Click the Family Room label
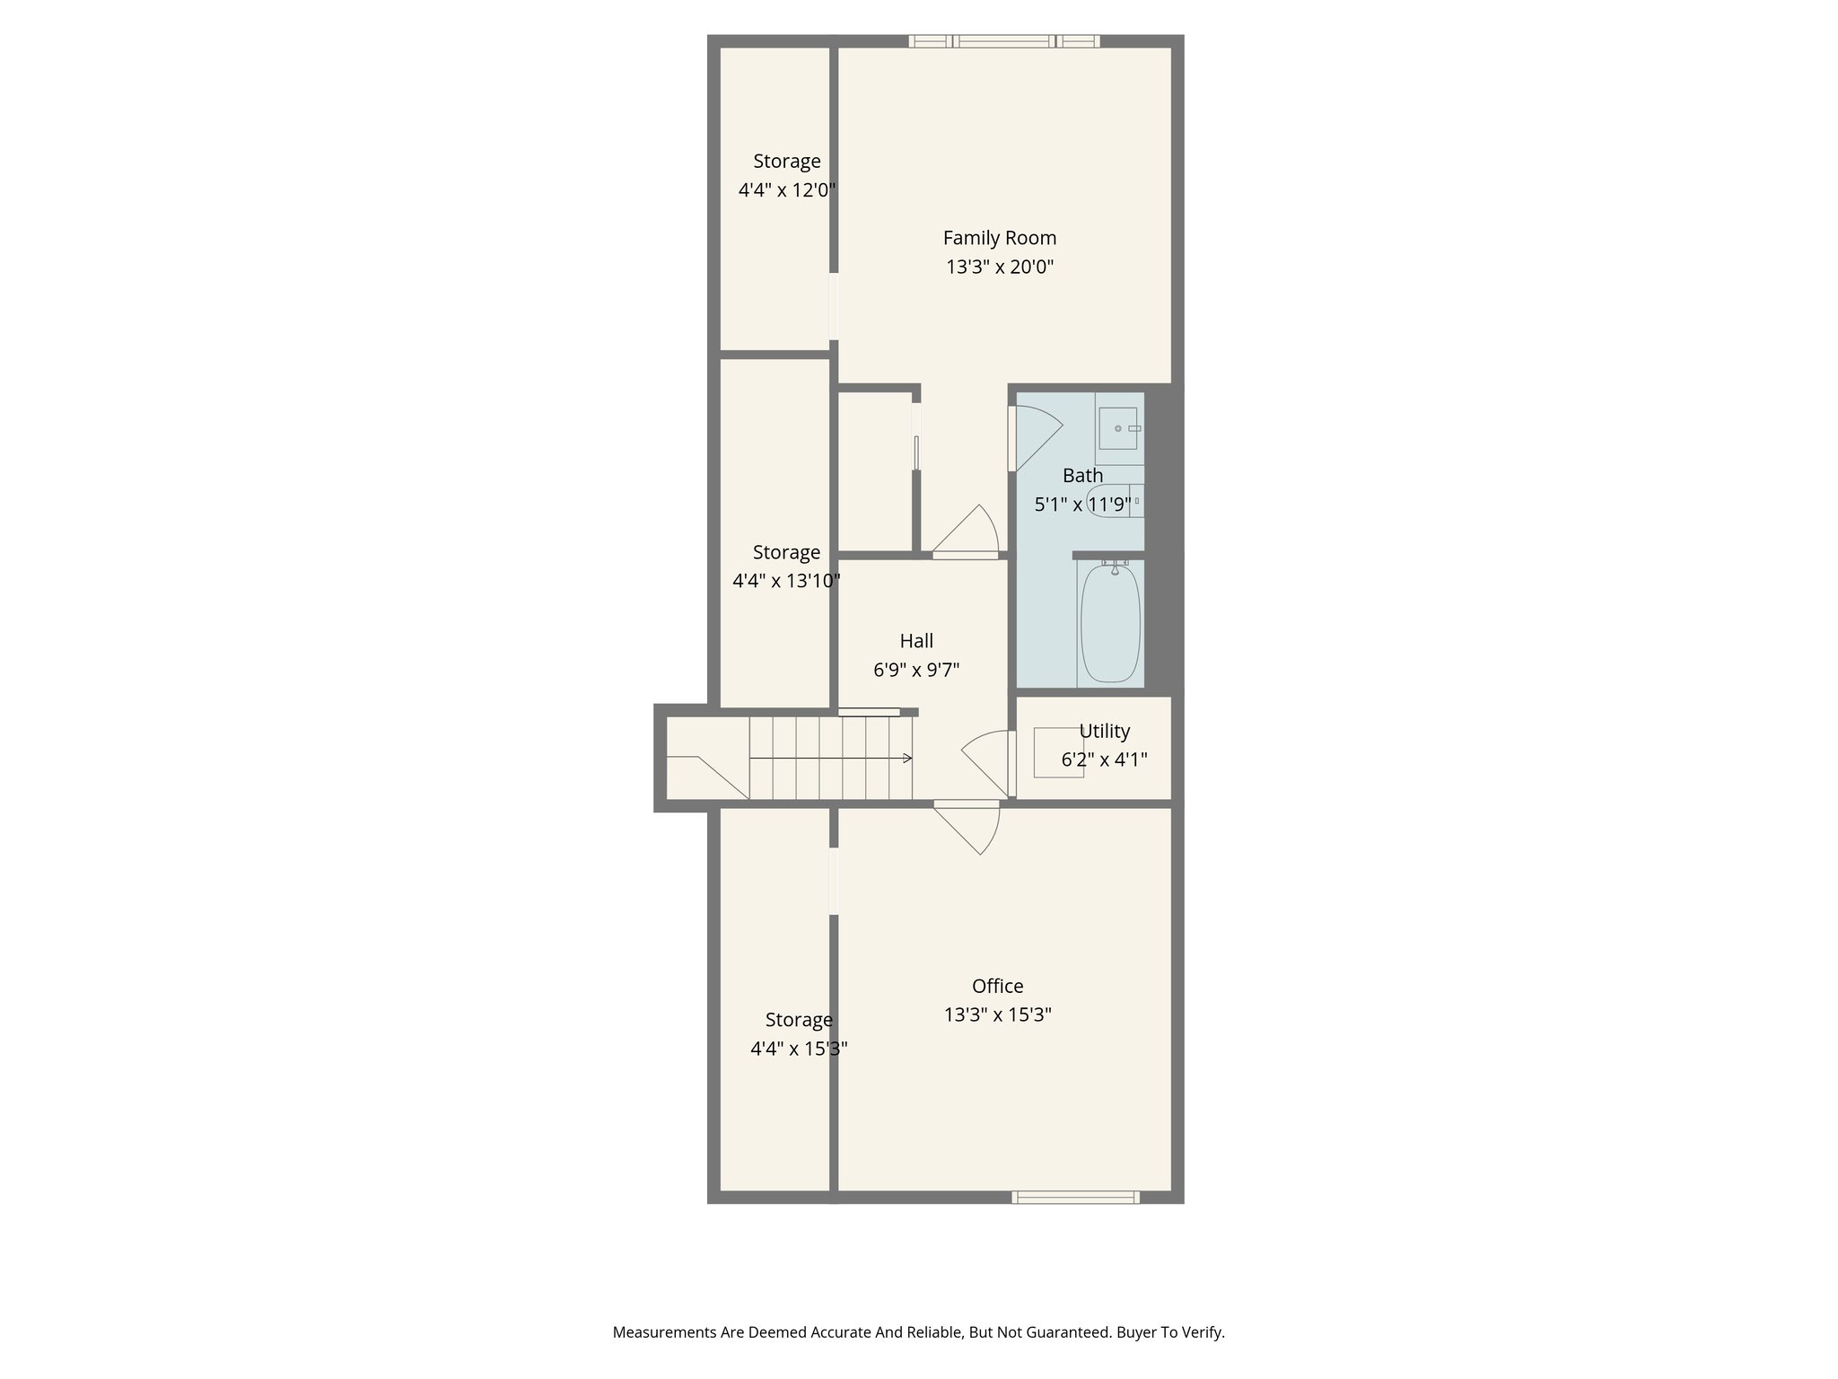click(999, 238)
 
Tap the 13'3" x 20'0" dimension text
click(999, 267)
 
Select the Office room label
click(997, 986)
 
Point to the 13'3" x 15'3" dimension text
click(997, 1014)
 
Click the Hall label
click(916, 641)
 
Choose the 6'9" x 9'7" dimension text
click(916, 670)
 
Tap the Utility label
click(1104, 731)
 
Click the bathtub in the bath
click(1110, 624)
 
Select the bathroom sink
click(1117, 429)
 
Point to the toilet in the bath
click(1113, 500)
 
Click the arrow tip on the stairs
click(909, 759)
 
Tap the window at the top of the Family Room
click(1003, 40)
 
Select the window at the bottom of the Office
click(1075, 1197)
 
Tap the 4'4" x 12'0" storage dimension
click(787, 190)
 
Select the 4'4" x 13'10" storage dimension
click(786, 581)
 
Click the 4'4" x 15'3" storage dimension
click(799, 1049)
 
